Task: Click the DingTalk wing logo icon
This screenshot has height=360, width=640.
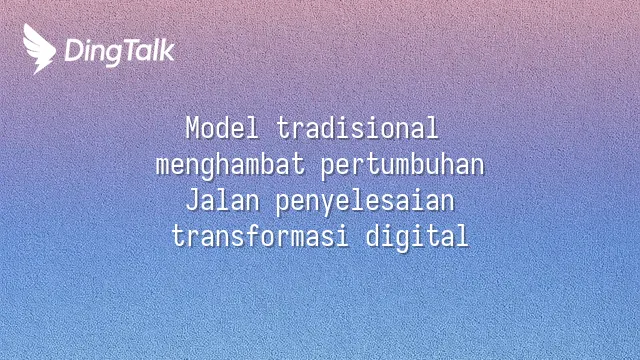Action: pyautogui.click(x=39, y=49)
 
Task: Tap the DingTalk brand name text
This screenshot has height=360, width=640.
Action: pyautogui.click(x=120, y=52)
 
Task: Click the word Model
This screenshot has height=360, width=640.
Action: pyautogui.click(x=222, y=128)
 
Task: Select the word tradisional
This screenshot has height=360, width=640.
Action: pyautogui.click(x=358, y=128)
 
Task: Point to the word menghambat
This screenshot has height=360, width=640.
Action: pyautogui.click(x=231, y=165)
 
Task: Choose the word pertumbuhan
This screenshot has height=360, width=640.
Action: pyautogui.click(x=402, y=166)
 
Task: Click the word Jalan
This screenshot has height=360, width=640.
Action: pyautogui.click(x=223, y=201)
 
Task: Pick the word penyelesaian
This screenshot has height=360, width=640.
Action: pyautogui.click(x=365, y=202)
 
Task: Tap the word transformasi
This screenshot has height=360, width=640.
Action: pyautogui.click(x=260, y=236)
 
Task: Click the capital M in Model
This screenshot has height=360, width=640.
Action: pyautogui.click(x=193, y=128)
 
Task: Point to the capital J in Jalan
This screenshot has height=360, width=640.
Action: pyautogui.click(x=192, y=201)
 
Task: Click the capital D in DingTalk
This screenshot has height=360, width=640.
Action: pyautogui.click(x=74, y=50)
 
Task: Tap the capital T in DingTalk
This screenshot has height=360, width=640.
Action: pyautogui.click(x=132, y=50)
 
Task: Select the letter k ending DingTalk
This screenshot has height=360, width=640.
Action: pyautogui.click(x=167, y=50)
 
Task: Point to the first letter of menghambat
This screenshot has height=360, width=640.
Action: pyautogui.click(x=162, y=168)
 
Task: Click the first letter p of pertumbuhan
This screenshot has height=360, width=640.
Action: pyautogui.click(x=328, y=169)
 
